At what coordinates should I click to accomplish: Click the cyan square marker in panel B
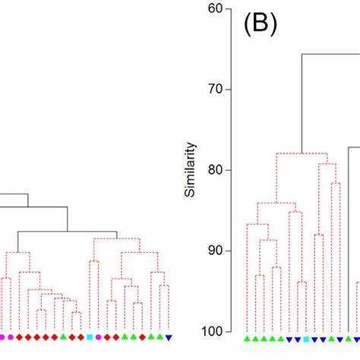306,338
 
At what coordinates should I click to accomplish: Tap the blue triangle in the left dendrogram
169,336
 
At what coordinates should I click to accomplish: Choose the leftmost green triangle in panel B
248,338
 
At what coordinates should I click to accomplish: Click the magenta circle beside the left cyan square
99,336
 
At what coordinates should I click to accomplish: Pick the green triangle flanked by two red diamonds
64,336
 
